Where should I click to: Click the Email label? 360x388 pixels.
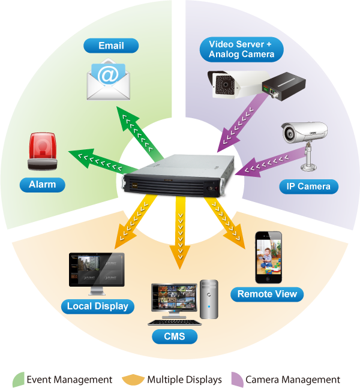coord(111,46)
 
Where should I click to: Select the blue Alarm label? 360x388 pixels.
coord(42,185)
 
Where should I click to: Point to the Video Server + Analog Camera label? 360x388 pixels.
coord(241,49)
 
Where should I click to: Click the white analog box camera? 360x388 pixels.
coord(230,85)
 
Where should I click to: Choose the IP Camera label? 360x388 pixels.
coord(305,187)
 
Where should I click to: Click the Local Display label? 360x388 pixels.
coord(97,306)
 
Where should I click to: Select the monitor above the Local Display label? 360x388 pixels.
coord(97,273)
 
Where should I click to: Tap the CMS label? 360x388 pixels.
coord(175,336)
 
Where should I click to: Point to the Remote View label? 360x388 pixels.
coord(267,294)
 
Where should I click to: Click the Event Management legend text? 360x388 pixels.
coord(69,380)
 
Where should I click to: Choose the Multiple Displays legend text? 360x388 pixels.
coord(184,380)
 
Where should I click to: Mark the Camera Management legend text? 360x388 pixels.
coord(292,380)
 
